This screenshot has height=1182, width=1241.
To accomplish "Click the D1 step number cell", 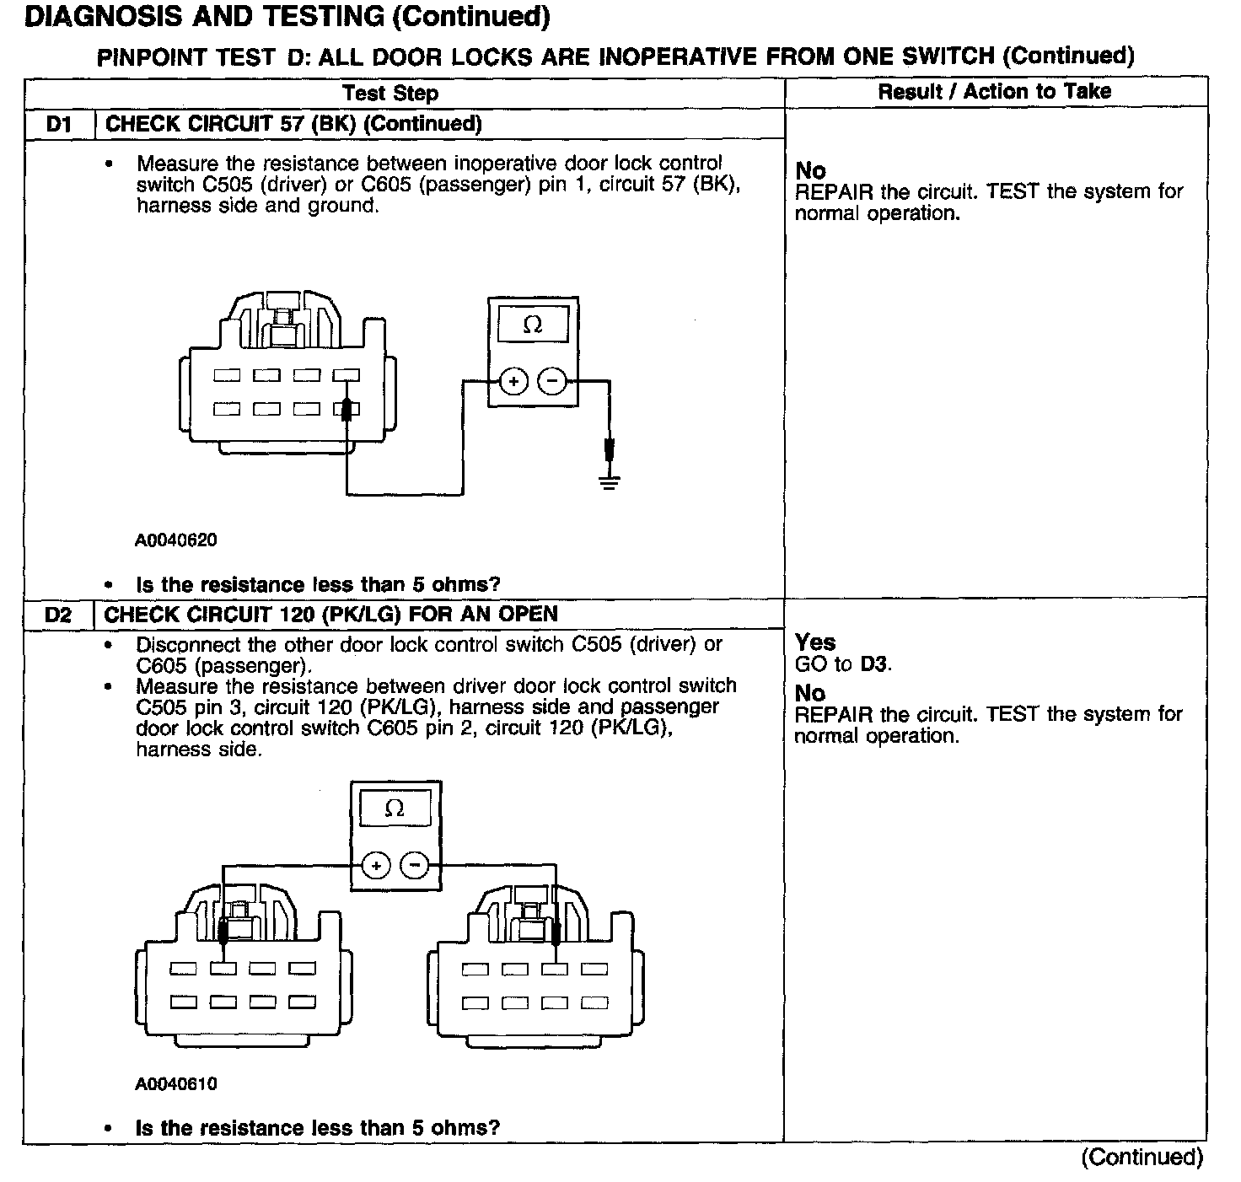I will tap(59, 125).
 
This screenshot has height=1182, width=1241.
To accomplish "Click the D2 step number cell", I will tap(59, 615).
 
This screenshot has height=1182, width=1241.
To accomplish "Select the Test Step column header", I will tap(390, 94).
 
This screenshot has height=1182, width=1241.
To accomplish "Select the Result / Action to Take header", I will tap(995, 92).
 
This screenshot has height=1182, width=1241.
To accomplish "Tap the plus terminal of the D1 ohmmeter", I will tap(513, 381).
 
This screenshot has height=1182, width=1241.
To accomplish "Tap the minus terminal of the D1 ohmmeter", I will tap(552, 381).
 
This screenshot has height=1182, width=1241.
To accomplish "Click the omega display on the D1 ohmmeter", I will tap(532, 324).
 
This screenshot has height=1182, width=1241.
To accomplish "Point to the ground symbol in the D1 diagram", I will tap(610, 481).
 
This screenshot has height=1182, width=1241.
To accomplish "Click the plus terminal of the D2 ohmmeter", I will tap(376, 866).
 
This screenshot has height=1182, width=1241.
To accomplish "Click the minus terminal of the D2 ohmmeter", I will tap(414, 866).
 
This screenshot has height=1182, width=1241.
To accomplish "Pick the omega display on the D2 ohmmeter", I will tap(395, 809).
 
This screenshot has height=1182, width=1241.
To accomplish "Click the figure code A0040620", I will tap(175, 540).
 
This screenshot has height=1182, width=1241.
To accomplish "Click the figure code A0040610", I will tap(175, 1084).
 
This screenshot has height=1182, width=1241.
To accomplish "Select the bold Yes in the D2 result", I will tap(815, 642).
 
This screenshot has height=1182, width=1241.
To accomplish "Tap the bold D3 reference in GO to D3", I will tap(875, 664).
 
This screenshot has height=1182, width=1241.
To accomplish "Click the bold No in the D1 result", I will tap(810, 170).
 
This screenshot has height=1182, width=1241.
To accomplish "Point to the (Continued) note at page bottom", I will tap(1142, 1158).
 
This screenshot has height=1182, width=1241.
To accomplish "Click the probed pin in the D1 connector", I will tap(346, 411).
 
